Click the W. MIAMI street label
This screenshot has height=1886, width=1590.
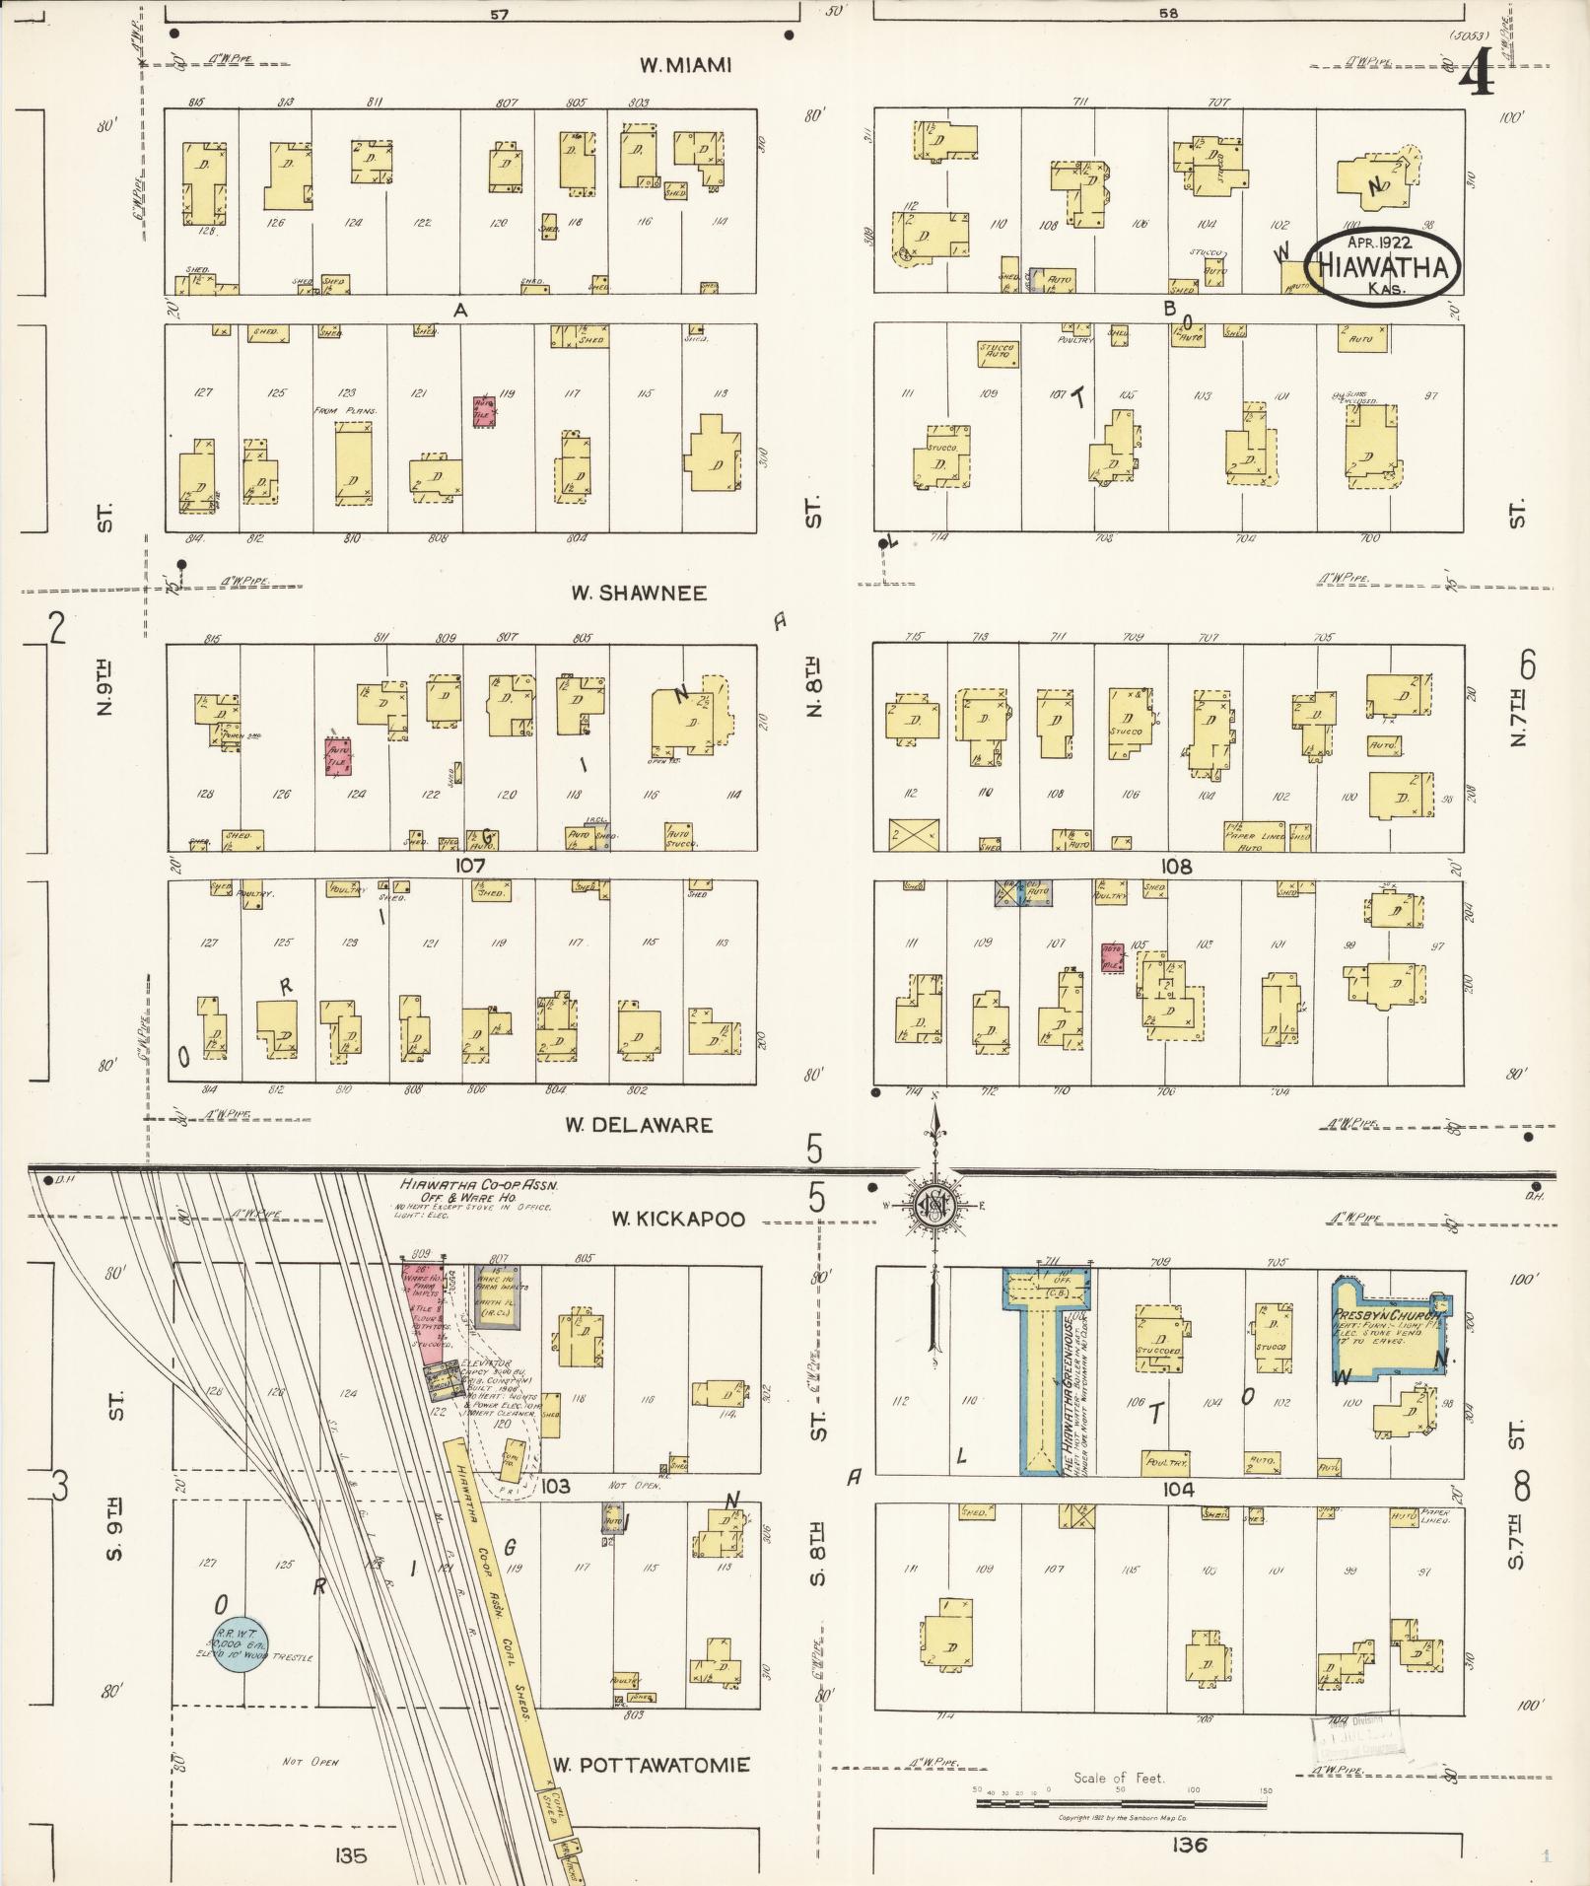(685, 65)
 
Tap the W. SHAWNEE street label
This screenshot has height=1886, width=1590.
(639, 594)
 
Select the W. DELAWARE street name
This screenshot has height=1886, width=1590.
(639, 1125)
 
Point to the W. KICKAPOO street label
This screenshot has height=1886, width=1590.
(677, 1220)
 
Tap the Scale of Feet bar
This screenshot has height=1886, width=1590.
(1121, 1803)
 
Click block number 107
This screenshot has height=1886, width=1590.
(470, 866)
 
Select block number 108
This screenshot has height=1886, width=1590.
(1176, 867)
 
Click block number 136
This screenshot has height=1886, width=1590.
(1189, 1845)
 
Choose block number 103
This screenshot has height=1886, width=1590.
(555, 1485)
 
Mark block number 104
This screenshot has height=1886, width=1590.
(1177, 1489)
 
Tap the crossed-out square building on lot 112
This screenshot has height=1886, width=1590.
(914, 835)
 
